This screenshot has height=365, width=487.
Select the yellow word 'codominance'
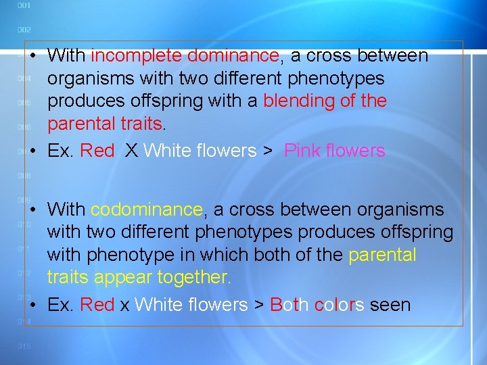(147, 210)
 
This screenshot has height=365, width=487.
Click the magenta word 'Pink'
(303, 150)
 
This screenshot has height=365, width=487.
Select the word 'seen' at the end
(390, 305)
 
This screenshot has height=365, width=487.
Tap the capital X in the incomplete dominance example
(131, 150)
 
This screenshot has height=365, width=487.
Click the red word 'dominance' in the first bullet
(233, 55)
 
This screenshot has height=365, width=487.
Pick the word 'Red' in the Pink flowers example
(97, 150)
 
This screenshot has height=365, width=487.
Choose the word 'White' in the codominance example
(158, 305)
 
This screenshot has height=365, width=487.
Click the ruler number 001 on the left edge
(24, 6)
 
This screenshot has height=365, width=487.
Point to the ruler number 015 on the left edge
(24, 347)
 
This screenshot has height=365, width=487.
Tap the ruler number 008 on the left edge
(24, 176)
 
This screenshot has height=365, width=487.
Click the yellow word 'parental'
(382, 255)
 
